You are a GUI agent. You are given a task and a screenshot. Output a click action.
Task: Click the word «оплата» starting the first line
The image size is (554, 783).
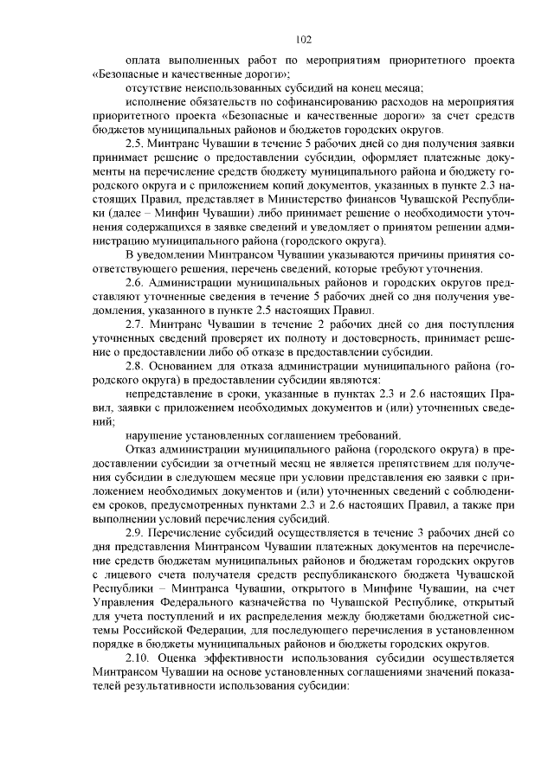(144, 61)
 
